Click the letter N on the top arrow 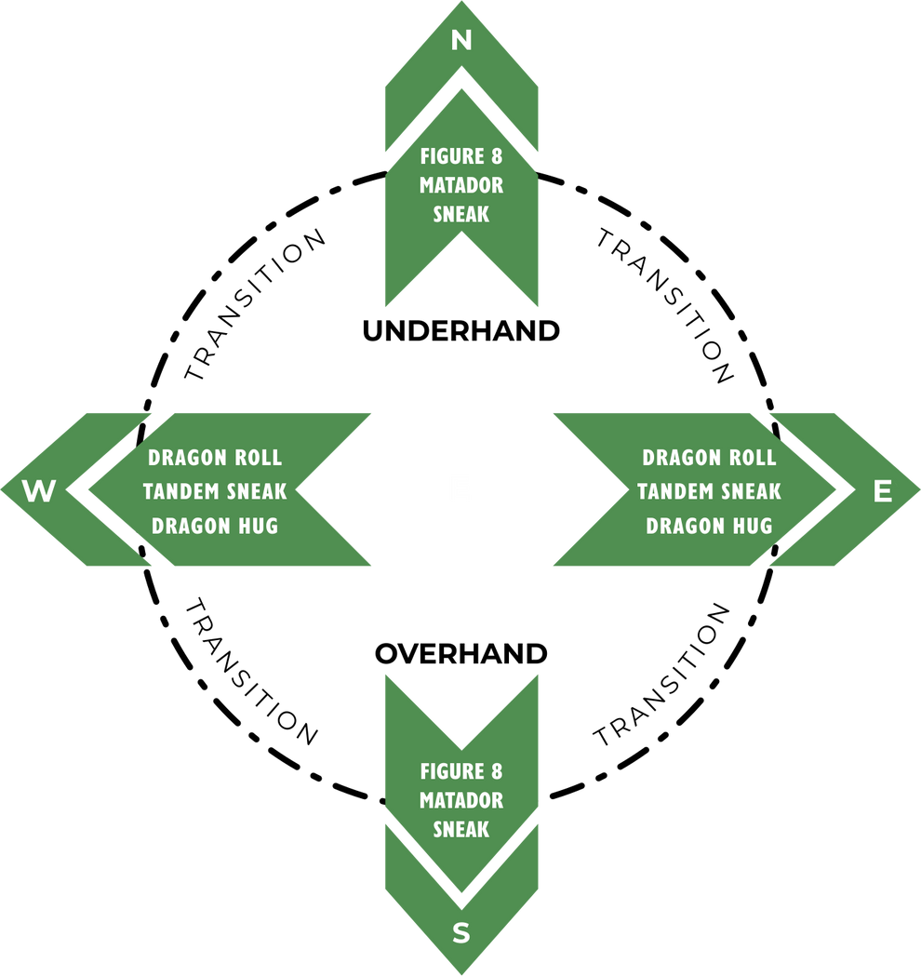click(461, 40)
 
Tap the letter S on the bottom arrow click(461, 933)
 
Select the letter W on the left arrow click(38, 491)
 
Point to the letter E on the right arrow click(883, 491)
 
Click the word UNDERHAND click(461, 331)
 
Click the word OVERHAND click(461, 654)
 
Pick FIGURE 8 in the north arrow click(461, 155)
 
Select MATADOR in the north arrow click(461, 185)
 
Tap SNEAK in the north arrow click(461, 214)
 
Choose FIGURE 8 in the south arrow click(461, 771)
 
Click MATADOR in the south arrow click(461, 800)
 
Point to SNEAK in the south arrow click(461, 829)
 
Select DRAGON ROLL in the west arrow click(215, 458)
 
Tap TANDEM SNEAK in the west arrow click(215, 491)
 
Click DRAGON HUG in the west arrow click(215, 526)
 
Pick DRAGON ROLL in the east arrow click(709, 458)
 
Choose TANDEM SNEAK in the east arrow click(709, 491)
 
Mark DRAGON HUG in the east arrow click(709, 526)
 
